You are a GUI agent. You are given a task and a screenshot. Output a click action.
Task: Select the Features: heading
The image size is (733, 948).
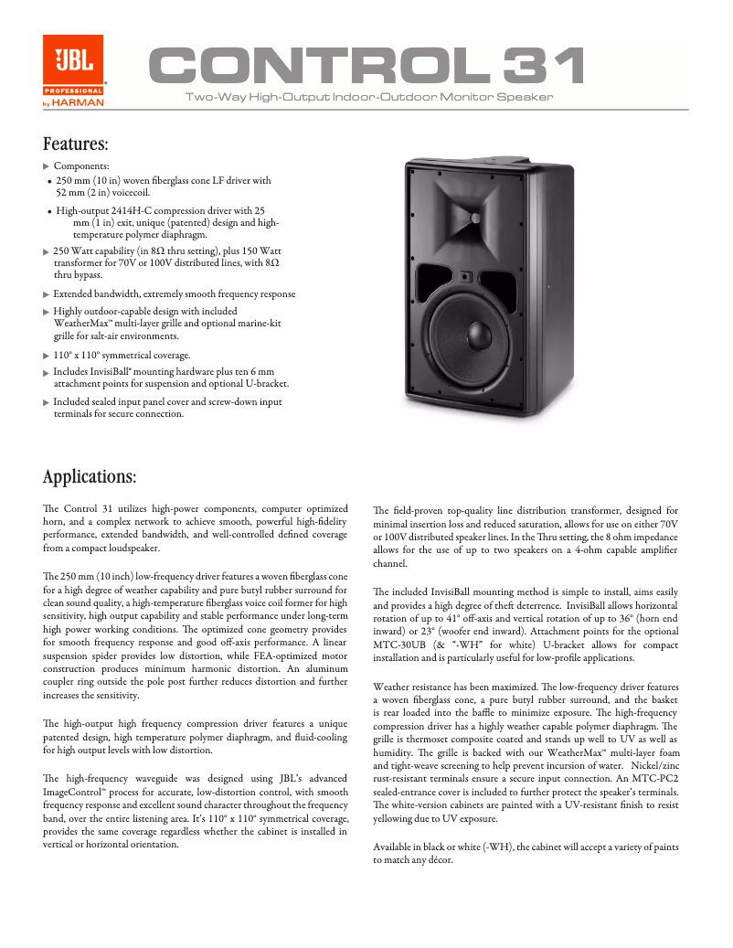coord(76,144)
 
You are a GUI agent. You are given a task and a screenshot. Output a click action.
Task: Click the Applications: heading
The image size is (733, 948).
coord(90,477)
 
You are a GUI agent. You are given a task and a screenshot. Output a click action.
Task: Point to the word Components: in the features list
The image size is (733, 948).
coord(81,165)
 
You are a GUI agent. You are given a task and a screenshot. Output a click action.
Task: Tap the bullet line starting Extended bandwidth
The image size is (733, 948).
coord(174,294)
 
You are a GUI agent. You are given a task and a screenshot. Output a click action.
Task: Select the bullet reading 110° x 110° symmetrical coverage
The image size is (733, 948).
coord(122,355)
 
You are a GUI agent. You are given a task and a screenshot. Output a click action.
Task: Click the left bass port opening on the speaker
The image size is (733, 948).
coord(433,279)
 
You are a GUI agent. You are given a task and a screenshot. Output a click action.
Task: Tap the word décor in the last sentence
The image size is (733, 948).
coord(439,860)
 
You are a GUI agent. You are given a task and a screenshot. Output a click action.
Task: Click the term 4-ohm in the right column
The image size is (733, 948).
coord(577,549)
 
